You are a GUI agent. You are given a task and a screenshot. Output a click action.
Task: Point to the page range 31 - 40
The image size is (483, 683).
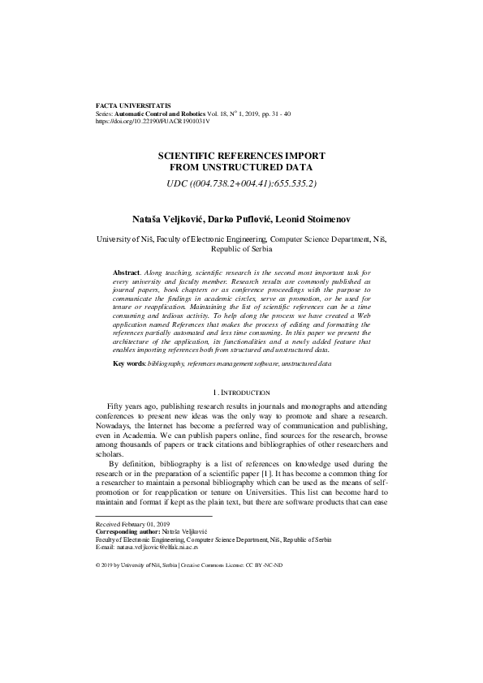pyautogui.click(x=270, y=115)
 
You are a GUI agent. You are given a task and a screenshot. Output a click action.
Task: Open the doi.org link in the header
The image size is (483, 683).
pyautogui.click(x=153, y=123)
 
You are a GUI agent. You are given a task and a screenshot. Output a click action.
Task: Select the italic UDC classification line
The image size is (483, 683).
pyautogui.click(x=241, y=183)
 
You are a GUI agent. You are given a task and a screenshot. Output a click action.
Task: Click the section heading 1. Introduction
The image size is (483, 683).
pyautogui.click(x=241, y=392)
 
